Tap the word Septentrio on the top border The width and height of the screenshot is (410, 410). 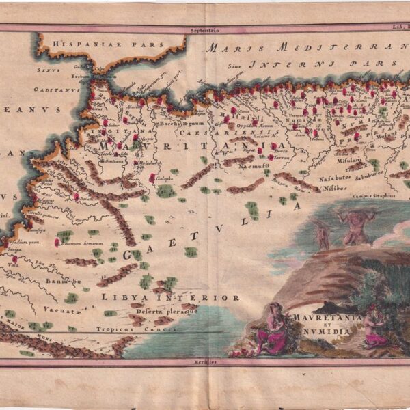tap(204, 31)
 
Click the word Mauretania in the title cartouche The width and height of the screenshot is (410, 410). tap(319, 318)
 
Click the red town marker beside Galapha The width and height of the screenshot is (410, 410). tap(152, 178)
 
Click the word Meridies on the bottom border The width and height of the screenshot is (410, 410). tap(204, 364)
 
